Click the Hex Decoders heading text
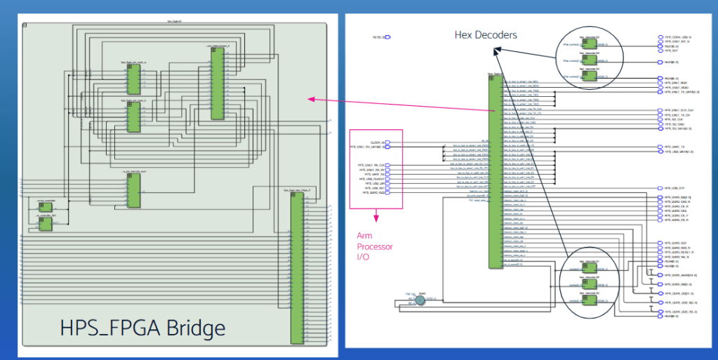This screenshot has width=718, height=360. tap(485, 35)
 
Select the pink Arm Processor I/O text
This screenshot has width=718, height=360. tap(375, 246)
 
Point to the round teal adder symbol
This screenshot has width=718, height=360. tap(420, 300)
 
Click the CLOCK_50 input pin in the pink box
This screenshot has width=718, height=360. tap(387, 142)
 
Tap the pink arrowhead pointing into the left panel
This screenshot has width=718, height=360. tap(312, 99)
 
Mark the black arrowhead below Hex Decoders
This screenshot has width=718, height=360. tap(496, 51)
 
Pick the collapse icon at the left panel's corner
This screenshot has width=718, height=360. tap(25, 25)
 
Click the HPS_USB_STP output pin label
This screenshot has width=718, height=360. tap(674, 188)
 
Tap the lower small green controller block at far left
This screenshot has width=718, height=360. tap(46, 224)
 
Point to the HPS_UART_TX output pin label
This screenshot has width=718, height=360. tap(674, 147)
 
